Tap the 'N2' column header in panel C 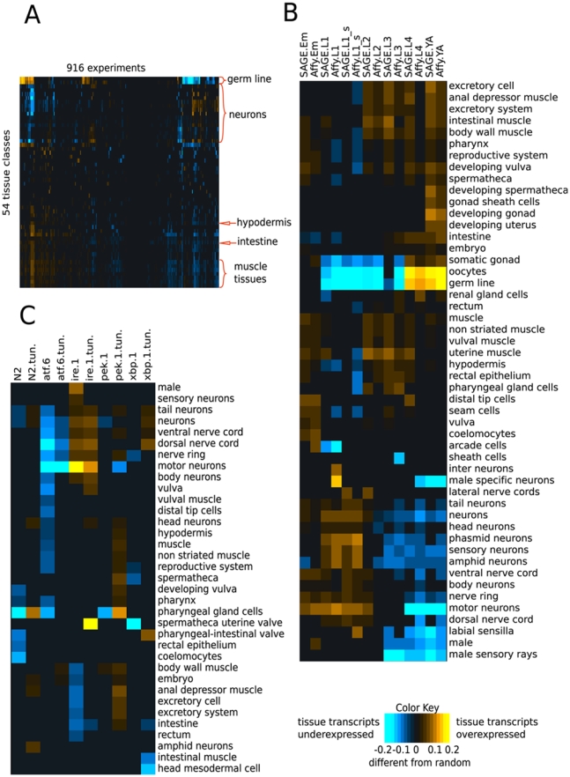pyautogui.click(x=17, y=373)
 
